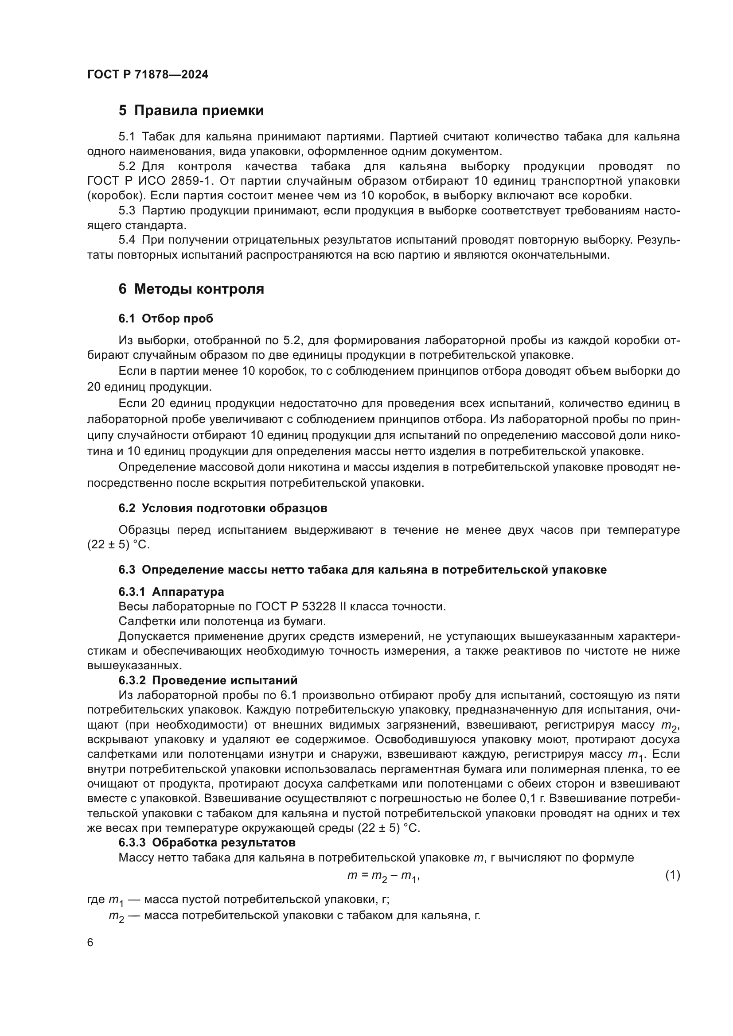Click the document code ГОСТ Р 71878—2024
pyautogui.click(x=148, y=75)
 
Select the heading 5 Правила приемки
pyautogui.click(x=191, y=111)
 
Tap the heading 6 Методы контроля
pyautogui.click(x=191, y=289)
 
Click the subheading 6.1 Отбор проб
pyautogui.click(x=166, y=318)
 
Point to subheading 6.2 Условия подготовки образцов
pyautogui.click(x=222, y=508)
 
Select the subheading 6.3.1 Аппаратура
pyautogui.click(x=171, y=592)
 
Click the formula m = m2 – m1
pyautogui.click(x=383, y=876)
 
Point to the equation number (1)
pyautogui.click(x=672, y=875)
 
